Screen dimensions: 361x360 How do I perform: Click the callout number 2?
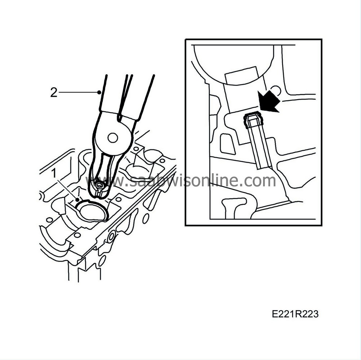pos(53,93)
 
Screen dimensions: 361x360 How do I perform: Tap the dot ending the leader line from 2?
pos(99,93)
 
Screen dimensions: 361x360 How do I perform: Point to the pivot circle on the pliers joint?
pos(113,137)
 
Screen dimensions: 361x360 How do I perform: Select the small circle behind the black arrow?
pos(276,89)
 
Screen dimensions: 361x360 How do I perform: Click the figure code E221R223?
pos(295,314)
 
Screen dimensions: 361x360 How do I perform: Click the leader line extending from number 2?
pos(78,93)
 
